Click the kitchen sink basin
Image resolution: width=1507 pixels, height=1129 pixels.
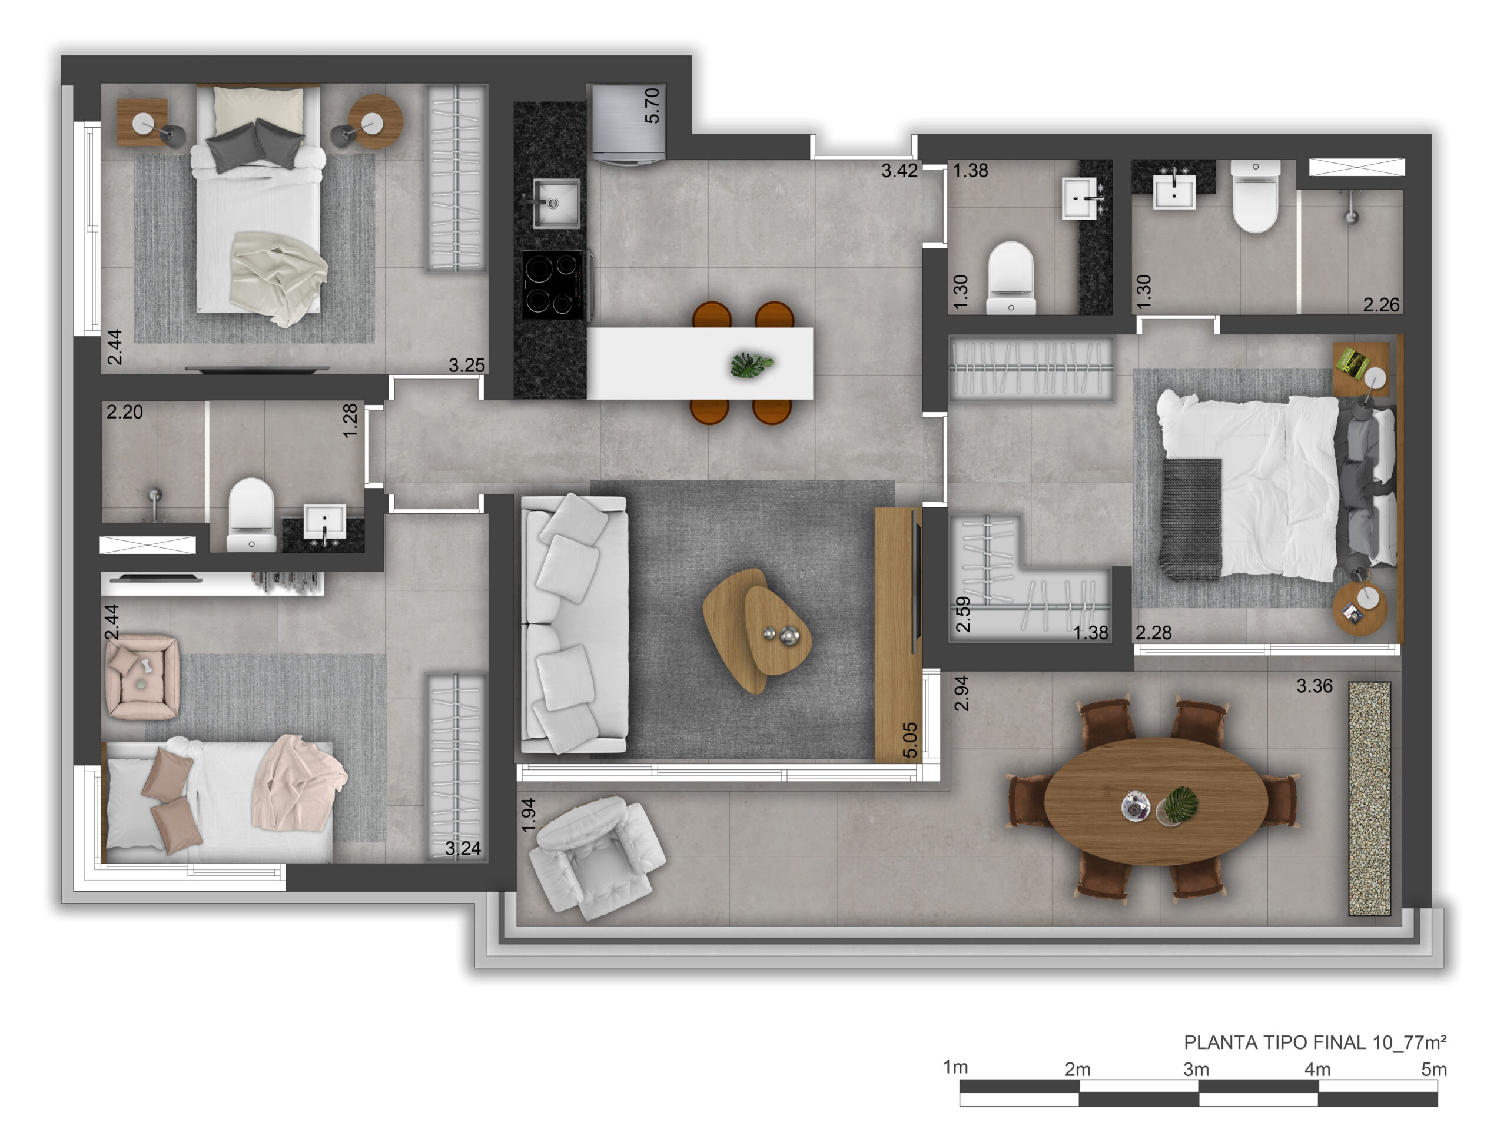(x=556, y=202)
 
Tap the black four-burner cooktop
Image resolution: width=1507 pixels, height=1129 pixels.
(x=553, y=285)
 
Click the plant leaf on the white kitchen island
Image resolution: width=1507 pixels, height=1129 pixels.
(x=752, y=364)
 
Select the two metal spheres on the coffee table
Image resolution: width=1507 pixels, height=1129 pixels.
(x=781, y=635)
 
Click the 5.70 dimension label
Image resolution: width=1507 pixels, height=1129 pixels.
(x=652, y=105)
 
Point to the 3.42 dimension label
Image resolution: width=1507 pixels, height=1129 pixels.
(x=899, y=170)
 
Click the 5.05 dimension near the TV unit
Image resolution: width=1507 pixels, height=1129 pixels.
(x=909, y=740)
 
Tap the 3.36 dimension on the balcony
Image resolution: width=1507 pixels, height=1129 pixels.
(x=1314, y=686)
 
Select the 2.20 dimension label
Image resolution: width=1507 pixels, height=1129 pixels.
(x=125, y=411)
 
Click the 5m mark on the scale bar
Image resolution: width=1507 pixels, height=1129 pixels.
(x=1434, y=1069)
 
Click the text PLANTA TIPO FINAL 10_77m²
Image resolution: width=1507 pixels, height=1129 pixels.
(x=1315, y=1042)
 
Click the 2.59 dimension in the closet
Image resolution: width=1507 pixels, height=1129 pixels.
(x=962, y=615)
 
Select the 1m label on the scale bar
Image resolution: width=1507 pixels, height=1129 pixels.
(x=955, y=1067)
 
